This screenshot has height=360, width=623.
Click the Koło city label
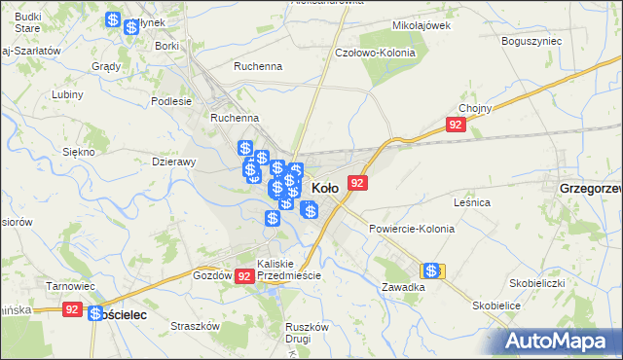[x=324, y=188]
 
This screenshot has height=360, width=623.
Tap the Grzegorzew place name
[x=590, y=188]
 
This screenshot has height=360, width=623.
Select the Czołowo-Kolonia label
[x=375, y=53]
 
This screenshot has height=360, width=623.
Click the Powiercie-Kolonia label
[x=412, y=229]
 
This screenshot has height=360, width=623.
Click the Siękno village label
[x=78, y=152]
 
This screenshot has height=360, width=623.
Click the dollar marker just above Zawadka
[x=431, y=270]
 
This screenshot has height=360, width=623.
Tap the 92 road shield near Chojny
[x=456, y=126]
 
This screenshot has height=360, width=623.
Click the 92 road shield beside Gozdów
[x=244, y=276]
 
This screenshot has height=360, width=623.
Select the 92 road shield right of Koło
[x=357, y=183]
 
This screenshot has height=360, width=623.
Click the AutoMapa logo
[x=558, y=341]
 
